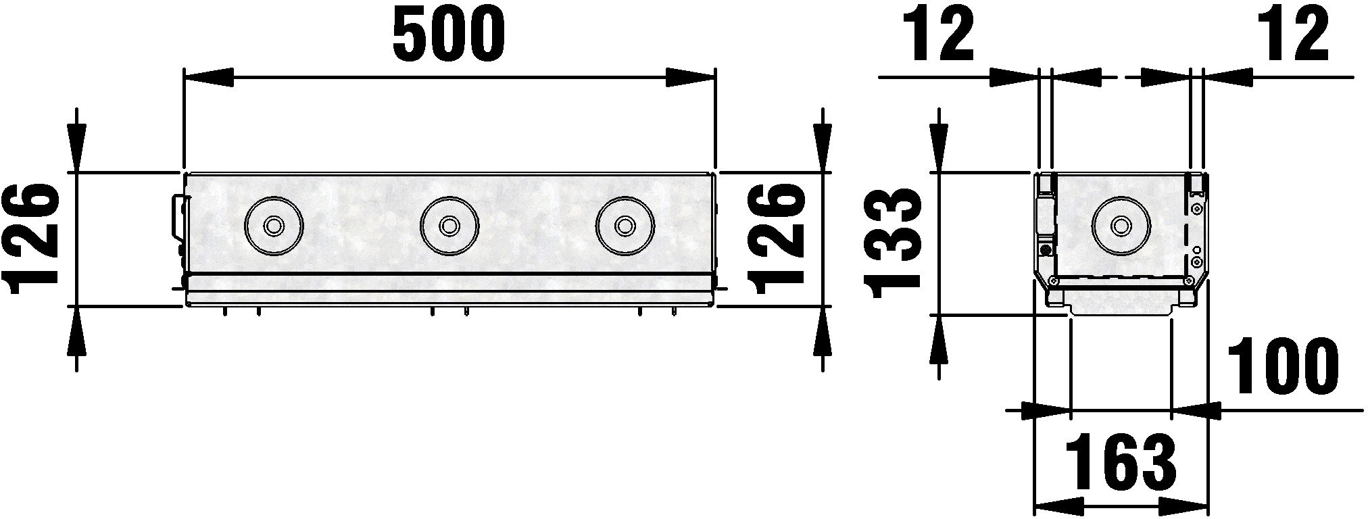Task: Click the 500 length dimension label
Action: [449, 34]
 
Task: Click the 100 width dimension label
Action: [1282, 368]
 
